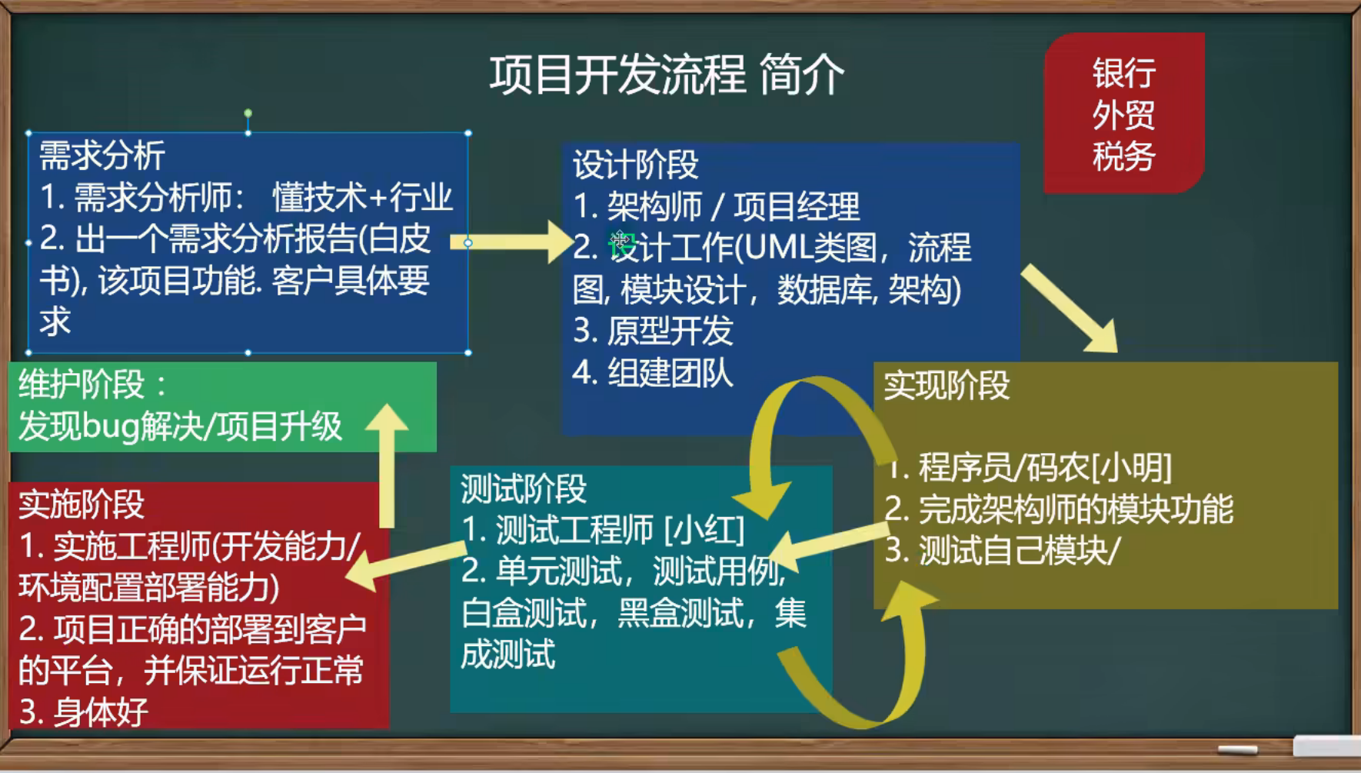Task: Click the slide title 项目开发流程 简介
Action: pos(667,75)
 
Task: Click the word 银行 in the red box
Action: pos(1124,74)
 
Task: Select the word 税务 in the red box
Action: pos(1124,157)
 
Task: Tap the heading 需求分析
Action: pos(102,156)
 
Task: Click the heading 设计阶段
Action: pos(636,165)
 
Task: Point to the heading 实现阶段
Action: pos(947,385)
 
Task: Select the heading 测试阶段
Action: pos(524,488)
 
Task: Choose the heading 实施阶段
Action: pos(82,505)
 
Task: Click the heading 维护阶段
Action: pos(82,384)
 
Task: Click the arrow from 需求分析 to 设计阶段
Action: pos(511,242)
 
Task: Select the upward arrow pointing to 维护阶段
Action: pos(387,466)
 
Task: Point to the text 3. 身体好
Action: pos(83,712)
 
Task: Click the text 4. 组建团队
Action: pos(653,373)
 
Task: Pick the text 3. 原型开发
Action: pos(653,331)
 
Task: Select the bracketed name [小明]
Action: pos(1131,467)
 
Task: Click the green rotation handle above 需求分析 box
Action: pos(248,113)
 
